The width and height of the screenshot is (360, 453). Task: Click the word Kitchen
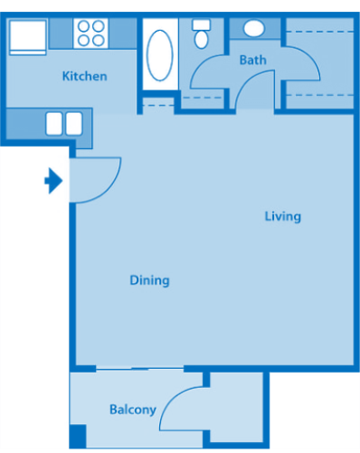pos(84,76)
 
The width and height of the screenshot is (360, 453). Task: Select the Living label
pos(282,216)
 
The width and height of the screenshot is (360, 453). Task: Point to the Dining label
pos(149,280)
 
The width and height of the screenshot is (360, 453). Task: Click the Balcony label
pos(133,410)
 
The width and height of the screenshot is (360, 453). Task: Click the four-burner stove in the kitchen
pos(90,33)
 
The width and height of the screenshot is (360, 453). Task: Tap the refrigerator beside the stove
pos(26,36)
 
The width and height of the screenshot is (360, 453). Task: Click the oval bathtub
pos(159,53)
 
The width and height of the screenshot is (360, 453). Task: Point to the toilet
pos(202,35)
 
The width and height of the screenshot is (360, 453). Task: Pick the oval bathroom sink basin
pos(254,29)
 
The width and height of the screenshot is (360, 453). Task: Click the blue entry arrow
pos(53,182)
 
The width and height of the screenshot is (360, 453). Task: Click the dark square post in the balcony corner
pos(78,436)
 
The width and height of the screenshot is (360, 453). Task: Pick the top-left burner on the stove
pos(83,26)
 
